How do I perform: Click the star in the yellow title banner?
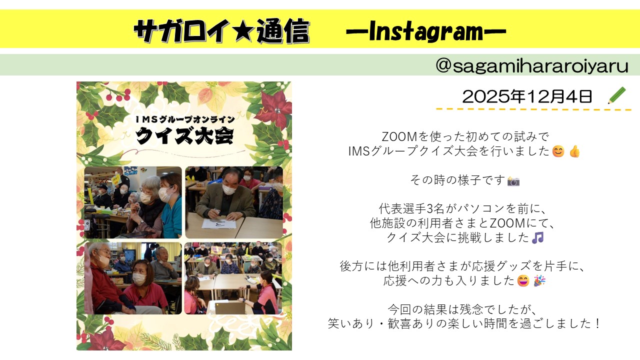tap(243, 30)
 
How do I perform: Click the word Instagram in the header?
tap(426, 31)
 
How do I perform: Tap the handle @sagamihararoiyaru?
tap(531, 65)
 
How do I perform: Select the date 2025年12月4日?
tap(527, 96)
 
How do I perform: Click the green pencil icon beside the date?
tap(617, 95)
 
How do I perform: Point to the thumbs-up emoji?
tap(574, 151)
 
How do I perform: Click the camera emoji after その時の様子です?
tap(513, 181)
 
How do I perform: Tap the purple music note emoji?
tap(537, 237)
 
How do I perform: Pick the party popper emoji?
tap(539, 280)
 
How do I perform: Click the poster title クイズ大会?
tap(184, 135)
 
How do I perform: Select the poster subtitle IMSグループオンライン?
tap(185, 119)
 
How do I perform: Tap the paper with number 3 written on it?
tap(219, 223)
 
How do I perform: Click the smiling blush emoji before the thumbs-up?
tap(558, 151)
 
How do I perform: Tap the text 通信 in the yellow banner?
tap(283, 31)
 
